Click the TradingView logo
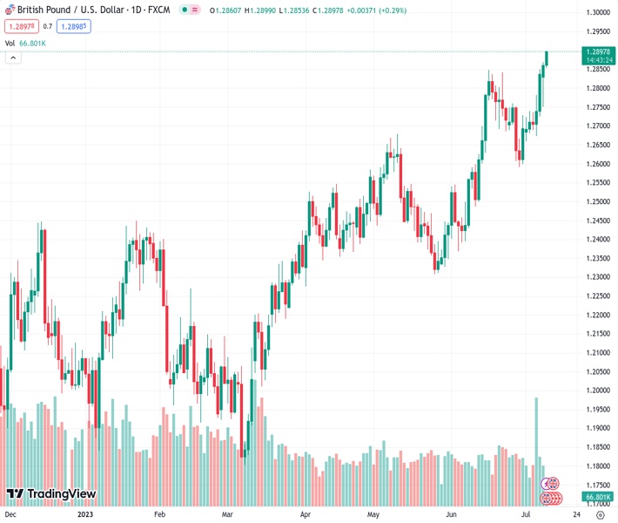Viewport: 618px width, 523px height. click(50, 494)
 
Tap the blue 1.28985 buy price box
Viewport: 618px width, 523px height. click(73, 26)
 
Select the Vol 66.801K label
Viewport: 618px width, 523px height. click(25, 43)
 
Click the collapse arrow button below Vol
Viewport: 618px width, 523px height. click(13, 58)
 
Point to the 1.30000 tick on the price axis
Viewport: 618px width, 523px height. click(597, 12)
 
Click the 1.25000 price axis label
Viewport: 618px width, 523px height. click(597, 201)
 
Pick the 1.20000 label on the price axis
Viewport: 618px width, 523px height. click(597, 391)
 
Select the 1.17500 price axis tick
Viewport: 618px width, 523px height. click(597, 485)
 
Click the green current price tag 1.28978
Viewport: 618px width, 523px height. click(597, 52)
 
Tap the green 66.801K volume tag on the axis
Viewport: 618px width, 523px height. click(597, 497)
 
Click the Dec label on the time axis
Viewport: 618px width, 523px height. click(10, 514)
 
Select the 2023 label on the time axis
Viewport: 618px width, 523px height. click(84, 514)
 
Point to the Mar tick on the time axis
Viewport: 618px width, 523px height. click(227, 514)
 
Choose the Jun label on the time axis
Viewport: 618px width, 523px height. click(453, 514)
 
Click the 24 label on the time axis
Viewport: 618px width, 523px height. click(577, 514)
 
